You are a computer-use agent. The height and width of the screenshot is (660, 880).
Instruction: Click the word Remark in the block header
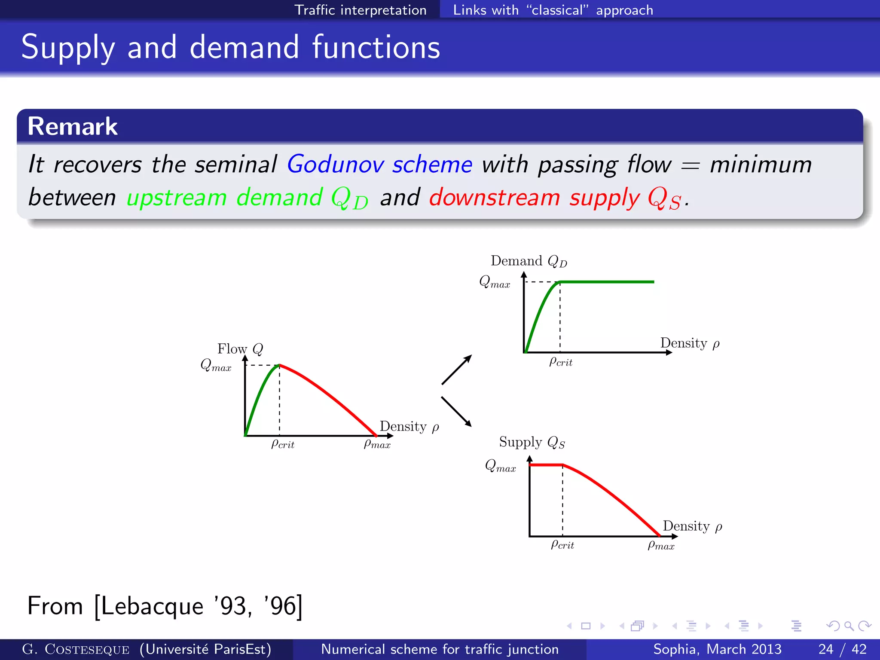tap(72, 126)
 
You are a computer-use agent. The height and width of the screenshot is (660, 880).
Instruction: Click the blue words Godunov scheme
tap(379, 165)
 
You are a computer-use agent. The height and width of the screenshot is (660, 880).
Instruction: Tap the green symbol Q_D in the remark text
tap(349, 199)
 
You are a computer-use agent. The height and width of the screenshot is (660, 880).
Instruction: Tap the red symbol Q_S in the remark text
tap(664, 199)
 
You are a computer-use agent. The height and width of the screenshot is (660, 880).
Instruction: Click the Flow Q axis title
tap(240, 348)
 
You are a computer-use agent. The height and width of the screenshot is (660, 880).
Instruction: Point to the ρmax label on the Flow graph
tap(377, 444)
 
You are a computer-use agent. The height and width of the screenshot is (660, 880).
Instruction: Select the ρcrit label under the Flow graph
tap(282, 444)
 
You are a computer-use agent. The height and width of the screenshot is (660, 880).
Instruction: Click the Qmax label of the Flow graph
tap(216, 366)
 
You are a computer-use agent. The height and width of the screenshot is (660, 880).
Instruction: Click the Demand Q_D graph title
tap(529, 261)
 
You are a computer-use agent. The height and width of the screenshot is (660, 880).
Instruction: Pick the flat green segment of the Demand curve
tap(610, 282)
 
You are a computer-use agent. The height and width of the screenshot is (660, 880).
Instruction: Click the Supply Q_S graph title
tap(532, 442)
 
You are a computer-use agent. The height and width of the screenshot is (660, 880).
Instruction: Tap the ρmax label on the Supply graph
tap(661, 545)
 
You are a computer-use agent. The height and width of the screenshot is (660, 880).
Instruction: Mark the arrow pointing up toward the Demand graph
tap(457, 370)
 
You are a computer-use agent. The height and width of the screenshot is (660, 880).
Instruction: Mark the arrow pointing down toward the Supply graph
tap(457, 412)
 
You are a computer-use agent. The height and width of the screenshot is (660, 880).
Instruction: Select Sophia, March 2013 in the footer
tap(717, 649)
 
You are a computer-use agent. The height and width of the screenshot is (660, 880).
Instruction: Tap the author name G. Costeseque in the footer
tap(76, 649)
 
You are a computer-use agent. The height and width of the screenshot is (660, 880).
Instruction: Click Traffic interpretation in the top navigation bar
tap(360, 10)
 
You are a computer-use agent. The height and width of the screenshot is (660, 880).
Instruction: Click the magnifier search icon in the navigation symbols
tap(849, 626)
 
